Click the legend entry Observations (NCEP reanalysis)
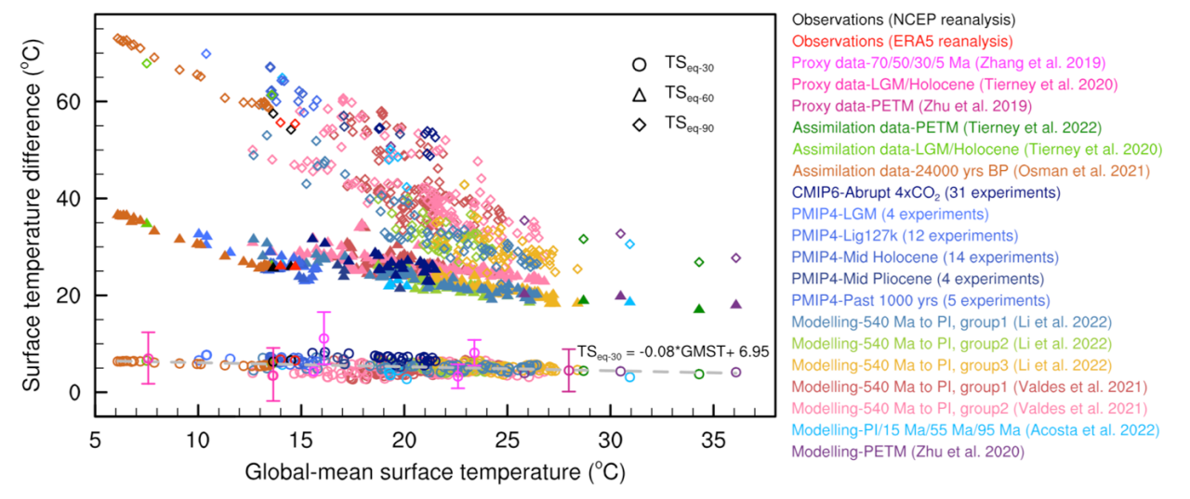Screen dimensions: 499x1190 [902, 19]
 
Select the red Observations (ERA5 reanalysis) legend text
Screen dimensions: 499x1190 [902, 41]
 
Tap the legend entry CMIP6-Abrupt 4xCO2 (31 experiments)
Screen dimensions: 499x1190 [926, 193]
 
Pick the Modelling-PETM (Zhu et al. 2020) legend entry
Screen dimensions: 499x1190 [908, 452]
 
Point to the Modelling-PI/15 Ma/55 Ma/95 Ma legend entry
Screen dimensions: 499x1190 [975, 430]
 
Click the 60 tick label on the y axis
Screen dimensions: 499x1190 [73, 101]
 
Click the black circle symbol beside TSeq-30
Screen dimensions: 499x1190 [639, 65]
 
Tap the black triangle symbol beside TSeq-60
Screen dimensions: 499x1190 [639, 95]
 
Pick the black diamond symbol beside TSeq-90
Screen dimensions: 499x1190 [639, 125]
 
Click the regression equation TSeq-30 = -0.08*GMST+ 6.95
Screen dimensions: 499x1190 [664, 352]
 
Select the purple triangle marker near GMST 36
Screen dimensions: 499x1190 [735, 304]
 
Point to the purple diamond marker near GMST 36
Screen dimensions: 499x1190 [735, 257]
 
